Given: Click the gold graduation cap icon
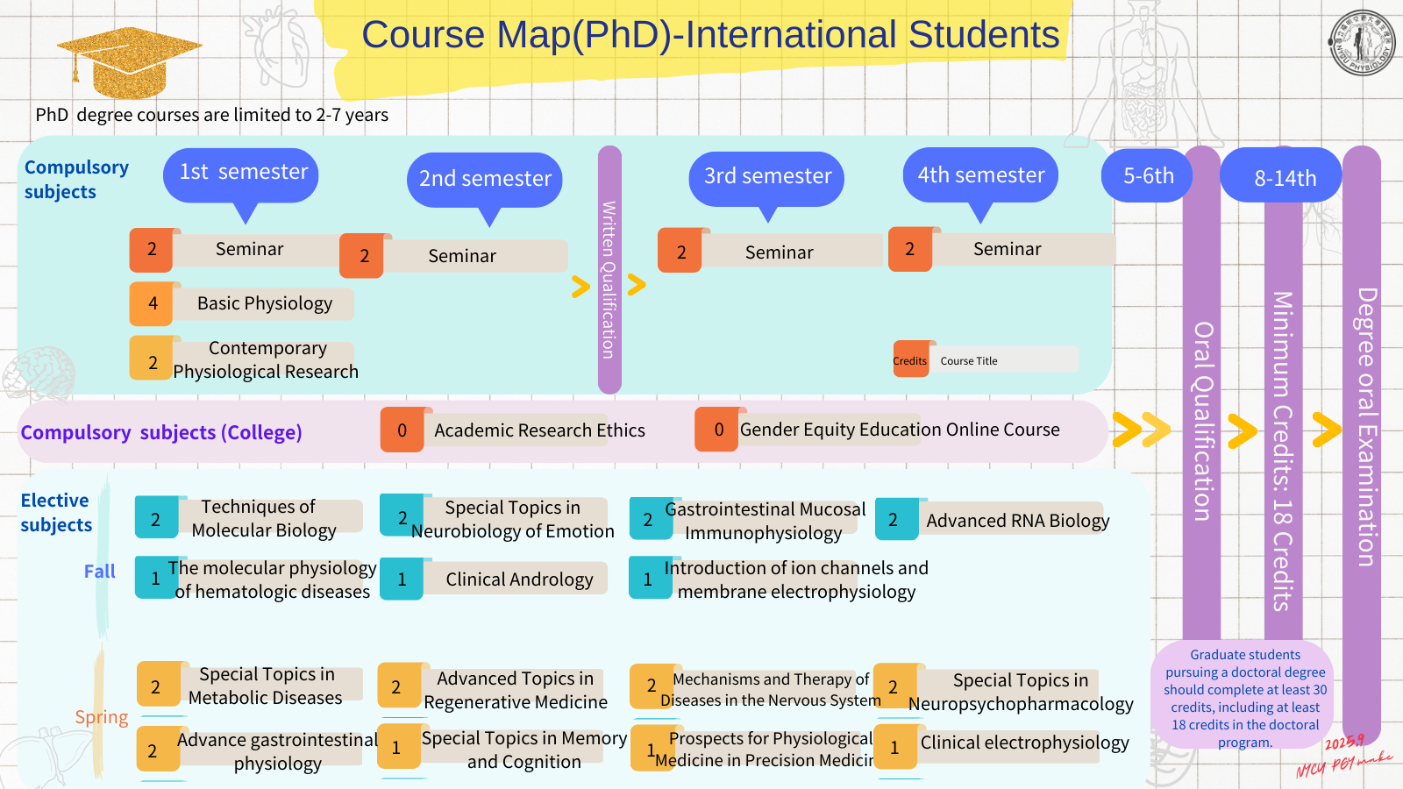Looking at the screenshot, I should tap(128, 60).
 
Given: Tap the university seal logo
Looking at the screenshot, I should tap(1362, 42).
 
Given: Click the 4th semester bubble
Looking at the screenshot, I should tap(980, 175).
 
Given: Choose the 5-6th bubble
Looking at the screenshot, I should tap(1148, 175).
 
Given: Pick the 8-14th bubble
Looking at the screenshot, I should tap(1284, 177).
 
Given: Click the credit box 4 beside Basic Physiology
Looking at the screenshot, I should tap(153, 303).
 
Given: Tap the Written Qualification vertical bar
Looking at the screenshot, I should tap(609, 272).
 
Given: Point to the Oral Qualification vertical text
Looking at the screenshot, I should tap(1202, 421).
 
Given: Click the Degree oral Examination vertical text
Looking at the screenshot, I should tap(1365, 427).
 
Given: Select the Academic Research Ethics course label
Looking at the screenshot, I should tap(539, 430).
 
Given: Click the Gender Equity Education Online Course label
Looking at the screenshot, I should tap(899, 430).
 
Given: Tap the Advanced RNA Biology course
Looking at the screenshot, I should tap(1017, 521).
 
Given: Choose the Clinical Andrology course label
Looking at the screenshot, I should tap(519, 579).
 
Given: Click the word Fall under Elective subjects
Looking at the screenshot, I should tap(99, 572).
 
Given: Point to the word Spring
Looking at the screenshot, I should tap(101, 717).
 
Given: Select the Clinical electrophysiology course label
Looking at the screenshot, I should tap(1024, 743).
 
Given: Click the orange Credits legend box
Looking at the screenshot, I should tap(910, 360).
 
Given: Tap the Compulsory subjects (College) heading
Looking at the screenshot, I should tap(161, 432).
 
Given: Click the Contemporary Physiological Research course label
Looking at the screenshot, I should tap(266, 360).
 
